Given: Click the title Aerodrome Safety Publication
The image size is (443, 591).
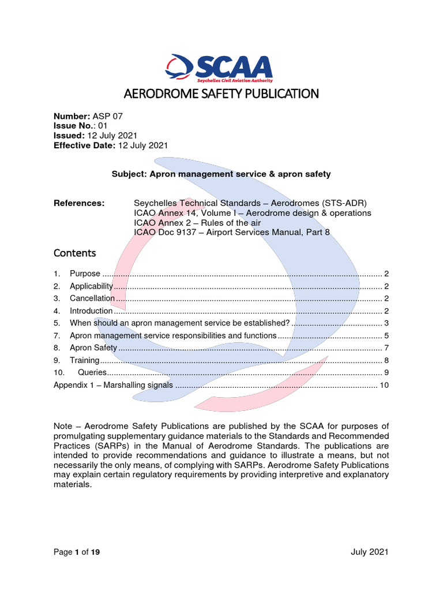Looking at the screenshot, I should (221, 93).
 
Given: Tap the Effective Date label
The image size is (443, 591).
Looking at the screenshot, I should (84, 145).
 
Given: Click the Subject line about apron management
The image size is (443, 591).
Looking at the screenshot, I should (221, 174).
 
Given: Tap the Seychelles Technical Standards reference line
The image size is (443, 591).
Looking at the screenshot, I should (250, 203).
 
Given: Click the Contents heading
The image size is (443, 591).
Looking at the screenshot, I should (74, 253).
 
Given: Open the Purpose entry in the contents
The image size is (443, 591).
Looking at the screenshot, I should (85, 274).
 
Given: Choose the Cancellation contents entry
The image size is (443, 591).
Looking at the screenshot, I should (92, 298).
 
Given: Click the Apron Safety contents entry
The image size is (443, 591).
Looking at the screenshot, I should (93, 347).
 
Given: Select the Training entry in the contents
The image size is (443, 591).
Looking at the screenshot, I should (84, 360).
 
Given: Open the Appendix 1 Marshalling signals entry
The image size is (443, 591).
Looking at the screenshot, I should (113, 385).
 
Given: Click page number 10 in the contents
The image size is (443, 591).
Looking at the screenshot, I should (384, 385).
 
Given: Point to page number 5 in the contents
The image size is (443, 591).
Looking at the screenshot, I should (386, 335).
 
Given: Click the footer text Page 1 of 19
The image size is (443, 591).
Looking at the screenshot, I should (76, 552).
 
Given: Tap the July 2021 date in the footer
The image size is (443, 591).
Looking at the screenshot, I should (369, 552).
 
